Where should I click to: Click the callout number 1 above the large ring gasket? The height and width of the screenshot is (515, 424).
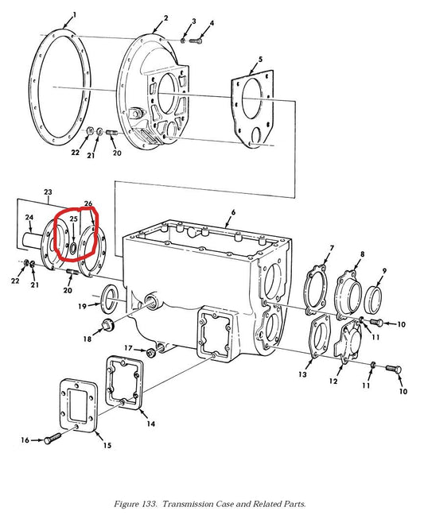tap(75, 15)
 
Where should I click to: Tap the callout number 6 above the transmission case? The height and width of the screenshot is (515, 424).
tap(233, 212)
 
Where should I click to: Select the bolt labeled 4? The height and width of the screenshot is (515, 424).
tap(196, 41)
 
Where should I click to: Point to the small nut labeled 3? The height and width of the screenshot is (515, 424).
tap(183, 40)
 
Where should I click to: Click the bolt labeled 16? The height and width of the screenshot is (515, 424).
tap(52, 439)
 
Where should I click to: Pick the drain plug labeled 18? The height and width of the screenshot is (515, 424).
tap(107, 324)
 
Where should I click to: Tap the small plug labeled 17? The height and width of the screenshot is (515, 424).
tap(151, 353)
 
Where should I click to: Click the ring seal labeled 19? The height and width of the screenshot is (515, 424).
tap(110, 299)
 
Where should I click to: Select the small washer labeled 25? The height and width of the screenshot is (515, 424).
tap(73, 249)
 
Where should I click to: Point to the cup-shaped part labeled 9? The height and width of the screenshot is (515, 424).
tap(374, 299)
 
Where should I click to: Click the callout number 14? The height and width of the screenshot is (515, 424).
tap(150, 424)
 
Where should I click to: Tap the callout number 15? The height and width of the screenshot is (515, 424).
tap(107, 445)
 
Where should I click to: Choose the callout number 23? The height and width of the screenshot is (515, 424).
tap(48, 192)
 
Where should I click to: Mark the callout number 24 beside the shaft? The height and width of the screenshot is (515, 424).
tap(29, 218)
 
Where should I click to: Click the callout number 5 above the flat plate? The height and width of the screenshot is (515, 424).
tap(260, 59)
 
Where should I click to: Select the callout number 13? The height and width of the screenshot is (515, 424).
tap(302, 374)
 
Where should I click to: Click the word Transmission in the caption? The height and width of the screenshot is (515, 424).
tap(188, 504)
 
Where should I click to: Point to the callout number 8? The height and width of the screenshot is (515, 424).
tap(362, 254)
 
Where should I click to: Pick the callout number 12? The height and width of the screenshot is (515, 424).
tap(333, 381)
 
